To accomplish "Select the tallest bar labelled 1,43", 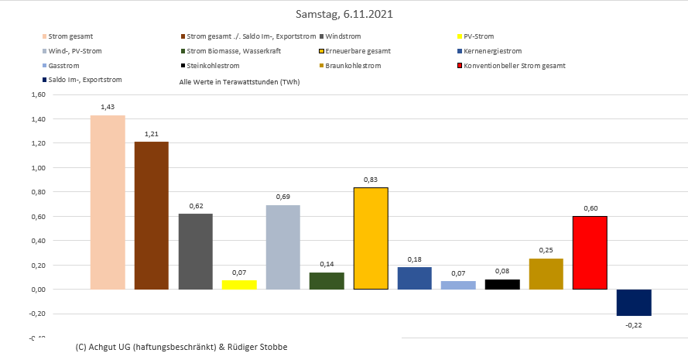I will tap(108, 202).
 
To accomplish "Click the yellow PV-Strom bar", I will tap(239, 285).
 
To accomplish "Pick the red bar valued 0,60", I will tap(590, 252).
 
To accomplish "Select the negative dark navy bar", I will tap(634, 303).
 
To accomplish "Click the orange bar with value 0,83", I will tap(371, 238).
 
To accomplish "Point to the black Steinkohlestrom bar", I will tap(502, 284).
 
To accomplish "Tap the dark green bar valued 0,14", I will tap(327, 281).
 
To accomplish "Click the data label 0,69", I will tap(282, 197).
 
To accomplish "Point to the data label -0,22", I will tap(634, 324).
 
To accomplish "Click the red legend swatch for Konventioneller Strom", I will tap(460, 66).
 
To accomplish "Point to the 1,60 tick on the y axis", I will tap(37, 94).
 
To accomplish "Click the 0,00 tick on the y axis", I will tap(37, 290).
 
